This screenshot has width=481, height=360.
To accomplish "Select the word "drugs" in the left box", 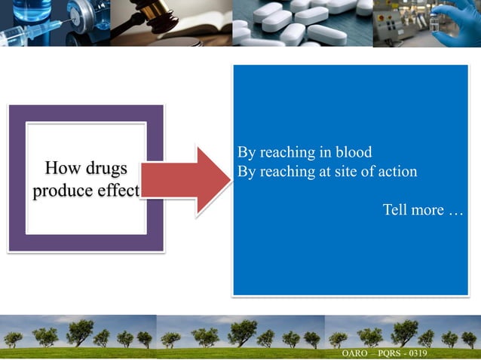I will pyautogui.click(x=106, y=167).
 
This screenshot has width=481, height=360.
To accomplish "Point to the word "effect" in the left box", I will pyautogui.click(x=116, y=191).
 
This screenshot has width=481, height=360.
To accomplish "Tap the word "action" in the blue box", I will pyautogui.click(x=394, y=171).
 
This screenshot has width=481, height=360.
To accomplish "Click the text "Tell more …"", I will pyautogui.click(x=422, y=209).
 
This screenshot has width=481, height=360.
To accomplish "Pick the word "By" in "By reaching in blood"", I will pyautogui.click(x=247, y=151).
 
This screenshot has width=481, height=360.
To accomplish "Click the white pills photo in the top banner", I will pyautogui.click(x=302, y=23).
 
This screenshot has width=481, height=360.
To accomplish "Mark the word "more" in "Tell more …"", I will pyautogui.click(x=427, y=209).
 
